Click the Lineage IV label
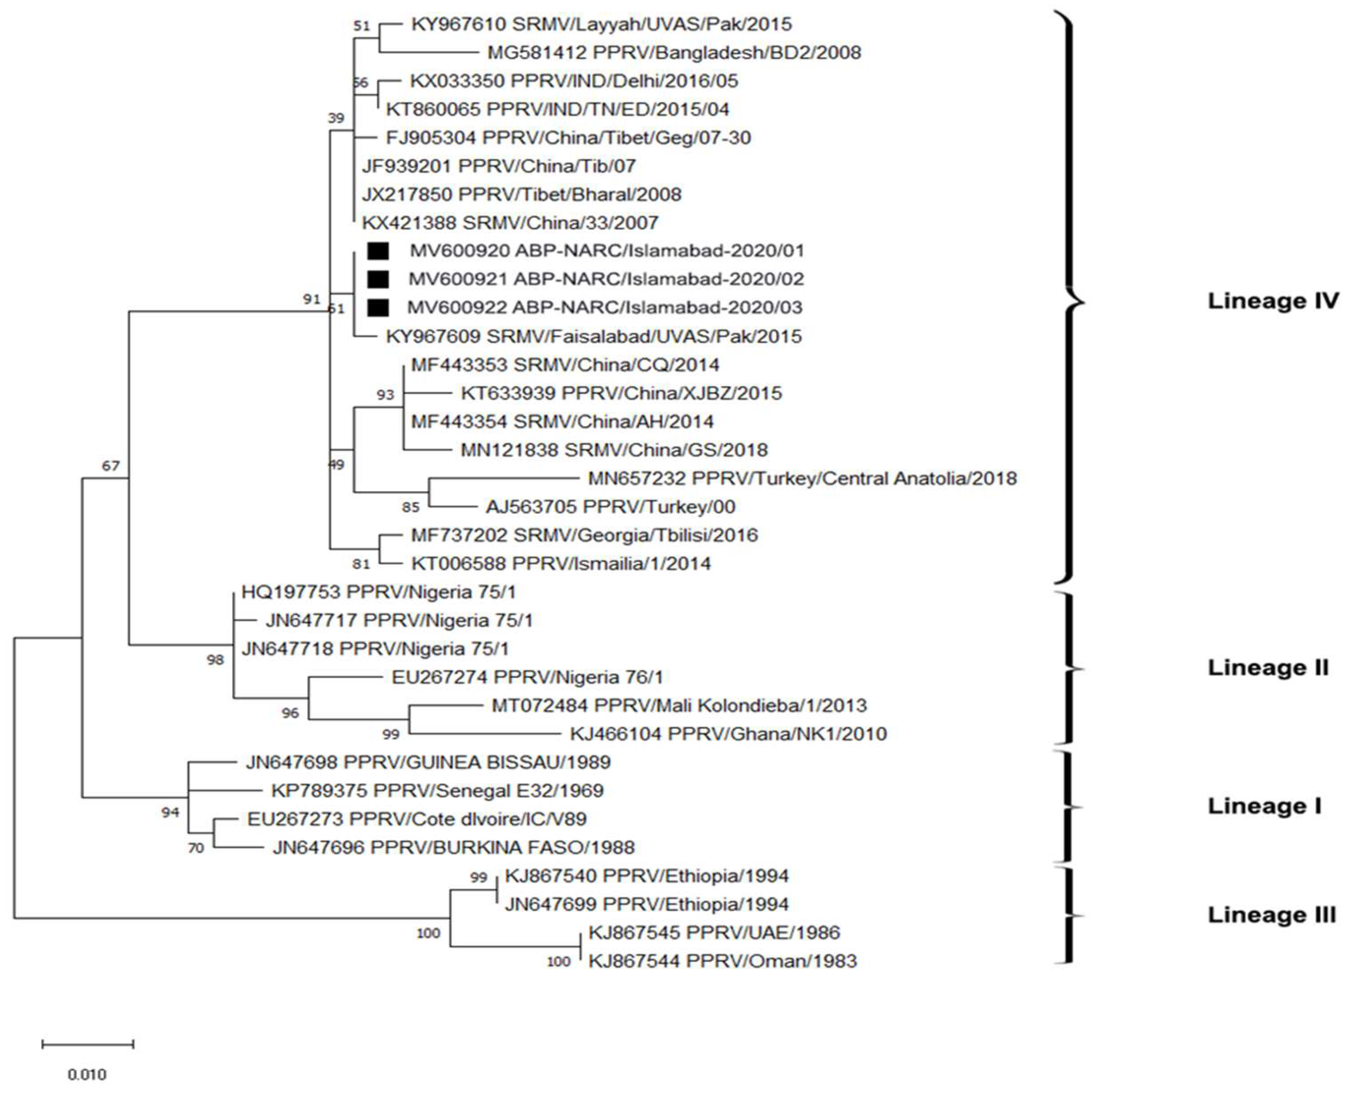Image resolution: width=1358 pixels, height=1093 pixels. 1272,301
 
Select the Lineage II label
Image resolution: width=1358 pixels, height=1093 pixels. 1267,668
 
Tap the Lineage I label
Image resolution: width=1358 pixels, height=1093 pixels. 1263,806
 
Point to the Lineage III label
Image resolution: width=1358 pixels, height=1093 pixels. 1271,915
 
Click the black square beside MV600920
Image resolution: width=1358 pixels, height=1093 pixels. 378,251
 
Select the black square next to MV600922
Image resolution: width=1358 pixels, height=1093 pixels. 378,308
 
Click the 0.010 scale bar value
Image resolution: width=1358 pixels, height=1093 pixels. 87,1073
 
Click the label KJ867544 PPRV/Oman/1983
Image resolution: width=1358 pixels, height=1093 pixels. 722,961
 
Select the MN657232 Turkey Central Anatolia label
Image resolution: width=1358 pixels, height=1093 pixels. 802,479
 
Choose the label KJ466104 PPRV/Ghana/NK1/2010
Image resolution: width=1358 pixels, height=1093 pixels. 728,734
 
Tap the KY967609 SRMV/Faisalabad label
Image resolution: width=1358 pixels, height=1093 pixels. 593,336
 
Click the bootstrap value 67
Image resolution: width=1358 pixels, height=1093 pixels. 111,466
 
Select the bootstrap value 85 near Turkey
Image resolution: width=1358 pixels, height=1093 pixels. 411,507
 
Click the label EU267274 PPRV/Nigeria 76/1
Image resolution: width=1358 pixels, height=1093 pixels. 527,677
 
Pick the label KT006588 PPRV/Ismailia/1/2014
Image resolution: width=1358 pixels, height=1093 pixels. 561,563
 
